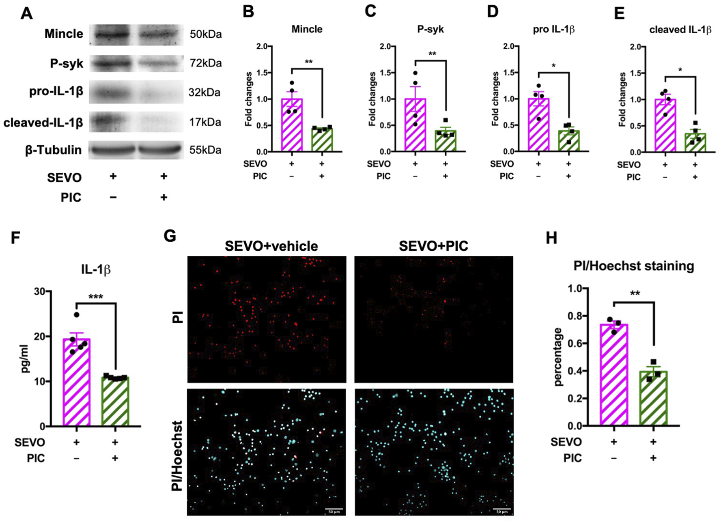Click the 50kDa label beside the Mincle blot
[x=205, y=34]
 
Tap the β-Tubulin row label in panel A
[x=53, y=150]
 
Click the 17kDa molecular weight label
[x=205, y=122]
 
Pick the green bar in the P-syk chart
[x=446, y=141]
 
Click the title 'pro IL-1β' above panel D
[x=553, y=30]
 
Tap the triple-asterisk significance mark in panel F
[x=95, y=297]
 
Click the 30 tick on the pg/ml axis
[x=39, y=291]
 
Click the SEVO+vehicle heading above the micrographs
[x=271, y=246]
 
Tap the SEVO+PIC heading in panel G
[x=433, y=246]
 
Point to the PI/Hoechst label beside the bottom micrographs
[x=177, y=456]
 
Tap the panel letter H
[x=551, y=238]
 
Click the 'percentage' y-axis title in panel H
[x=558, y=357]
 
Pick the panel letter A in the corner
[x=26, y=14]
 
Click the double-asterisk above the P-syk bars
[x=432, y=54]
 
